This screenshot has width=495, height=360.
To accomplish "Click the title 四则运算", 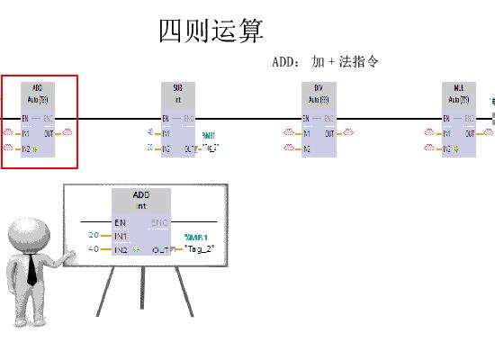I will [x=211, y=31].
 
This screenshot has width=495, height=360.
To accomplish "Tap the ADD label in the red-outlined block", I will [x=37, y=87].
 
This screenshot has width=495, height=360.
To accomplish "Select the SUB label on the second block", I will [x=177, y=88].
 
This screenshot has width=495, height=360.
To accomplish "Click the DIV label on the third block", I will [x=319, y=88].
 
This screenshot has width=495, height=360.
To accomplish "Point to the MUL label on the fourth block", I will [x=459, y=88].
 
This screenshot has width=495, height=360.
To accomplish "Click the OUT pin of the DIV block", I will [x=330, y=133].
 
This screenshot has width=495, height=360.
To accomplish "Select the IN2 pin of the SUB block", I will [x=166, y=148].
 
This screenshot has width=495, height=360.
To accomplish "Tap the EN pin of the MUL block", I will [x=447, y=118].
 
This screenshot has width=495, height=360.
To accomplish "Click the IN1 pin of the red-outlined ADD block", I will [x=26, y=133].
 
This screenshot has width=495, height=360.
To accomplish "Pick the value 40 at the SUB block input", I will [x=150, y=133].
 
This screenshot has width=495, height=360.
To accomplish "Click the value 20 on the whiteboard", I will [x=94, y=235].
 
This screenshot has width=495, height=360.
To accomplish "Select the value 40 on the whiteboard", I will [x=94, y=249].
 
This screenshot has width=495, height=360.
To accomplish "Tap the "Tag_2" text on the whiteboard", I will [x=201, y=249].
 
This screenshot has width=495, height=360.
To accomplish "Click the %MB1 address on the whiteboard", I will [x=196, y=238].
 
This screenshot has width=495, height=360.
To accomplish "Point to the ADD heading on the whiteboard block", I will [x=141, y=195].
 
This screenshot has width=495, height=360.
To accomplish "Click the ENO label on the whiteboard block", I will [x=160, y=222].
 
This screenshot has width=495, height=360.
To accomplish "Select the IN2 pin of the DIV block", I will [x=307, y=148].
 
